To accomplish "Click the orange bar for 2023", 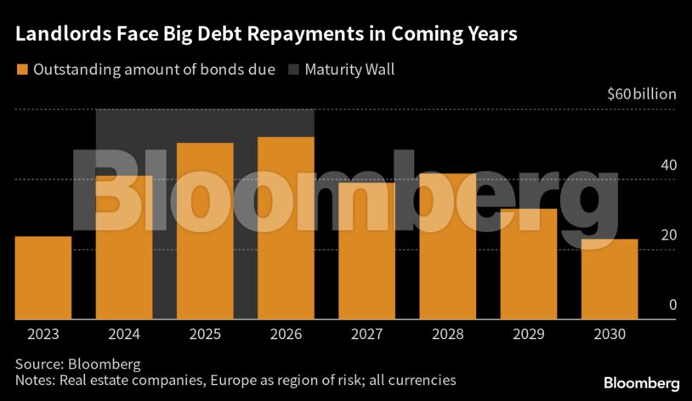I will point(43,278).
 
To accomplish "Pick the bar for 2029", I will point(528,264).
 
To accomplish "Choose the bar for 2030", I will point(609,280).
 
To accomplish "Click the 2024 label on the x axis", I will point(123,334).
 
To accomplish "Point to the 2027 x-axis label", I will point(366,334).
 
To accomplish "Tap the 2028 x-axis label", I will point(447,334).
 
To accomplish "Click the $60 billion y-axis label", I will point(642,94).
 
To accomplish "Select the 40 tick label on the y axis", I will point(668,165).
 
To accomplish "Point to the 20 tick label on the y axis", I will point(668,235).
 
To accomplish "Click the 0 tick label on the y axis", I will point(672,305).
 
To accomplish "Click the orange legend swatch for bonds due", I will point(21,70).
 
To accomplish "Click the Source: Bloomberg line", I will point(77,364).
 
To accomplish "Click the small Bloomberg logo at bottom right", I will point(642,384).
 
